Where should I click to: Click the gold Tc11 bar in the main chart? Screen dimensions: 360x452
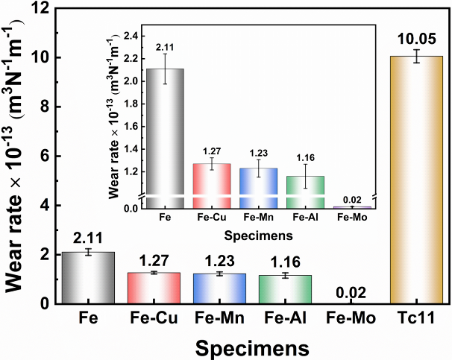(407, 180)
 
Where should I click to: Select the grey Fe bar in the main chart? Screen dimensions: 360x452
(89, 278)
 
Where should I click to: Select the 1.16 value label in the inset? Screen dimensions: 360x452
(306, 159)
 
